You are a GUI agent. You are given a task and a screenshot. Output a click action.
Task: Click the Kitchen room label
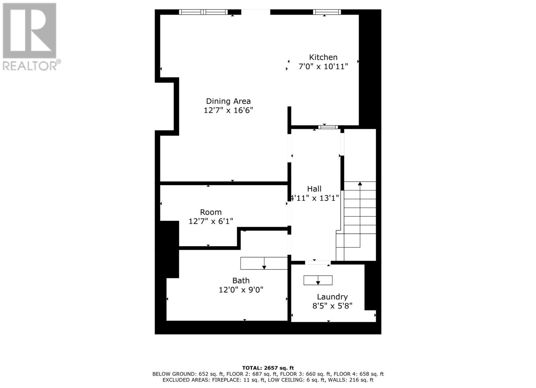323,57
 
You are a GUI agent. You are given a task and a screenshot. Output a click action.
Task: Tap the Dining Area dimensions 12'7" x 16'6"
228,110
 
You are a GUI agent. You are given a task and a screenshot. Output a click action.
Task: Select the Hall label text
314,189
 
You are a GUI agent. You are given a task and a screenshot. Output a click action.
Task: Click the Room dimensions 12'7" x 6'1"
211,221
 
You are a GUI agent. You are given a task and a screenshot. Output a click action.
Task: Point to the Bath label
241,281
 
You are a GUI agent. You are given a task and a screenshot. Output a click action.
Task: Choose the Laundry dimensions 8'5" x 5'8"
332,306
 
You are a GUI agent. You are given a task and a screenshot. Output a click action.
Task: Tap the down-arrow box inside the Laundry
318,280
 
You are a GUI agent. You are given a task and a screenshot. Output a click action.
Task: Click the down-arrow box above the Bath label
264,263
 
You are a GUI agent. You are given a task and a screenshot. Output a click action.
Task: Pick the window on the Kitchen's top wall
327,12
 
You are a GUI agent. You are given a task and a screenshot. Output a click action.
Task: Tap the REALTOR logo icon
29,31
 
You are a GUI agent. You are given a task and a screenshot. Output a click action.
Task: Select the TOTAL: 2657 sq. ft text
268,368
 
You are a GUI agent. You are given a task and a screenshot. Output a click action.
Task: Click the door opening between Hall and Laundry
318,262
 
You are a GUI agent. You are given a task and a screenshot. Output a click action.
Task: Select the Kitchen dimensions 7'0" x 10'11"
323,67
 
